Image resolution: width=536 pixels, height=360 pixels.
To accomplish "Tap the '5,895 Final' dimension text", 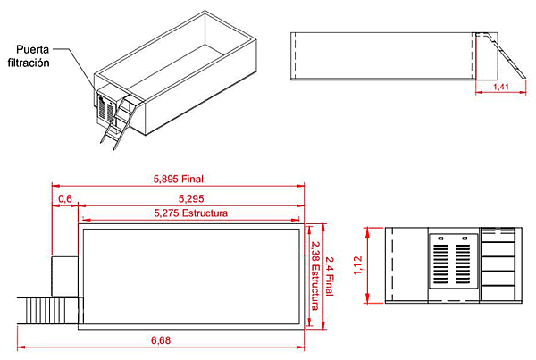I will (178, 179).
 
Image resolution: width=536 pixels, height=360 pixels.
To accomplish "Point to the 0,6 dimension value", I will (64, 197).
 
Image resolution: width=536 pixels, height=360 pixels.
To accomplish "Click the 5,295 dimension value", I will (194, 197).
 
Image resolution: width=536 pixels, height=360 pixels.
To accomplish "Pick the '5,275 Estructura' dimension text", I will (191, 213).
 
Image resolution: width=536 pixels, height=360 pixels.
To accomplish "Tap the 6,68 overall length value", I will (162, 339).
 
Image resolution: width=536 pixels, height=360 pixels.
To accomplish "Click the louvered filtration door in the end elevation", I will (454, 262).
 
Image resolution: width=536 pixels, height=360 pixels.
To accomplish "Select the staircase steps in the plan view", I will (49, 310).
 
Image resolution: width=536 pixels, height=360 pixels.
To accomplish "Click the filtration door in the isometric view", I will (106, 110).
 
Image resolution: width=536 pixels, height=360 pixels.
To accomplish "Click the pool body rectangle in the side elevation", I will (384, 56).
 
